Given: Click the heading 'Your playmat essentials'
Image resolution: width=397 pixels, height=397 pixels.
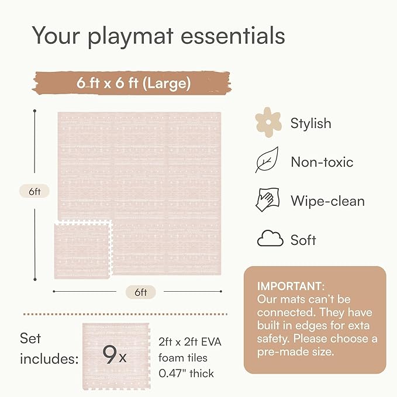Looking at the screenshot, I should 158,36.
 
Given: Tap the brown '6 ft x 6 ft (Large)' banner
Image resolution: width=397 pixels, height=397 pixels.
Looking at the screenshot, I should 133,83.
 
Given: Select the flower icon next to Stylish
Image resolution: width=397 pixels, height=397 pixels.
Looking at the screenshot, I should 268,123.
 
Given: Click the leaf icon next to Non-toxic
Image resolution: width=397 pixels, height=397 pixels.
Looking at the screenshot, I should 267,161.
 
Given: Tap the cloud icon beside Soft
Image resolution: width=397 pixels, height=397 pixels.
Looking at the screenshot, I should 270,239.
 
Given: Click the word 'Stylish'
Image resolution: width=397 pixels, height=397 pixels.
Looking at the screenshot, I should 310,123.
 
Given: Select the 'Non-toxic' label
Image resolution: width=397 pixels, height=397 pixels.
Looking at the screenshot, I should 322,162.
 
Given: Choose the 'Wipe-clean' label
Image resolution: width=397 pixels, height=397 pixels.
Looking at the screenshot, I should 327,201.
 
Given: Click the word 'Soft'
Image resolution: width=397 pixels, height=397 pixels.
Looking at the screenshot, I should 303,240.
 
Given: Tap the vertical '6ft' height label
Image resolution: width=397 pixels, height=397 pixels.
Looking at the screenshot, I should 34,191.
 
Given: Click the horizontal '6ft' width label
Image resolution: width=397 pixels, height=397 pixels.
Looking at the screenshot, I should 140,292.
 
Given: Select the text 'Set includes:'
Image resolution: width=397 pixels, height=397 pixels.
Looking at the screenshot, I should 49,349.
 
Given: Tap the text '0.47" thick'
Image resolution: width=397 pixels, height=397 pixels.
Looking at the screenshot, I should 186,374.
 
